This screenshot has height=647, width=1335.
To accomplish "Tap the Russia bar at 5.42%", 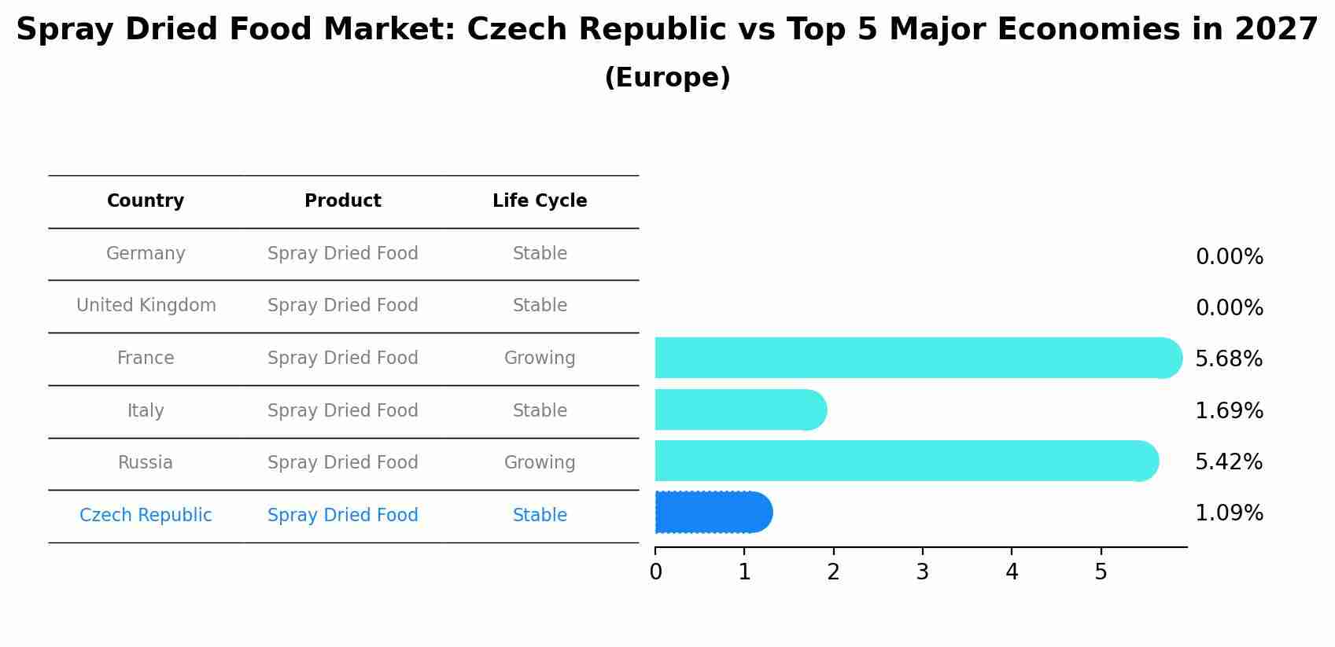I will point(905,461).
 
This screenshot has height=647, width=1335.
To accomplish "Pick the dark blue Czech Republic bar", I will point(713,513).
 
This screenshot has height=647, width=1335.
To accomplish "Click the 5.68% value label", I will point(1228,359).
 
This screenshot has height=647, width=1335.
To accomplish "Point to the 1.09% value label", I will point(1228,513).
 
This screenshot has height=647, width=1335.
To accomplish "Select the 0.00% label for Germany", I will point(1229,257).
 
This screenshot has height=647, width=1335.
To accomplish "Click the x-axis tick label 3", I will point(922,572).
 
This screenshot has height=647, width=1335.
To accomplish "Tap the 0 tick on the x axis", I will point(655,572).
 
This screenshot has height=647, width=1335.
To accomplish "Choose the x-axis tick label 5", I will point(1101,572).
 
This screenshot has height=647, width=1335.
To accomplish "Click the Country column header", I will point(146,201).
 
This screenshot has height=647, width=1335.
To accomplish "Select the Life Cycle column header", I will point(540,201).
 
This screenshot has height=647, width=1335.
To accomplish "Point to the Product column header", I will point(343,201).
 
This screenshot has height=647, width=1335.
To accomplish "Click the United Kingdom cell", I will point(146,306).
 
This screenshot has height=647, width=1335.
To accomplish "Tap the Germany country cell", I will point(146,254).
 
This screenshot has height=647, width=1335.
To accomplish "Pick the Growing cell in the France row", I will point(540,358).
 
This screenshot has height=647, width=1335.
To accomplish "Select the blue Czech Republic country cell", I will point(146,516).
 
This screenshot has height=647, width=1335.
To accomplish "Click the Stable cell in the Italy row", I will point(540,411).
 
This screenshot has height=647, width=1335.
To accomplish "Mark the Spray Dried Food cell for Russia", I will point(343,463).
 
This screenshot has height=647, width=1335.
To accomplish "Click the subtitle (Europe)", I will point(667,78).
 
